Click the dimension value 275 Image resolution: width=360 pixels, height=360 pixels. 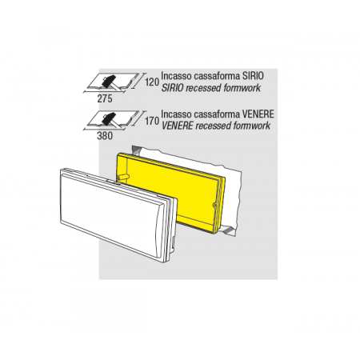(x=105, y=99)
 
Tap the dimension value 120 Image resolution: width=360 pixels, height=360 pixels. (x=152, y=82)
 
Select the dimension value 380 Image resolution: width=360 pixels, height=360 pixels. (x=105, y=136)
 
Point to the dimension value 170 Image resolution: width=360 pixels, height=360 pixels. (x=152, y=122)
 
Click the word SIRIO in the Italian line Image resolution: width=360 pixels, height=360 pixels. (x=253, y=76)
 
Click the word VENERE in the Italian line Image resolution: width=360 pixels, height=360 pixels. (x=258, y=114)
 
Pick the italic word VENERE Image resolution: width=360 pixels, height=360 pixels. (x=177, y=126)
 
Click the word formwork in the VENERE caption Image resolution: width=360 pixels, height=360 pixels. (x=252, y=126)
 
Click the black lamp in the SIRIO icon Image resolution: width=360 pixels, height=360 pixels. (x=109, y=81)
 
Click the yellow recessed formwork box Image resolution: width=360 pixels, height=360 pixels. (x=170, y=192)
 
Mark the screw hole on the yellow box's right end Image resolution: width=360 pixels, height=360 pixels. (x=214, y=206)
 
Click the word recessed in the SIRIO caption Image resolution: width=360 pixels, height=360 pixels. (x=204, y=88)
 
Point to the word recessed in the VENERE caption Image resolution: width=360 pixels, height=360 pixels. (x=214, y=126)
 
